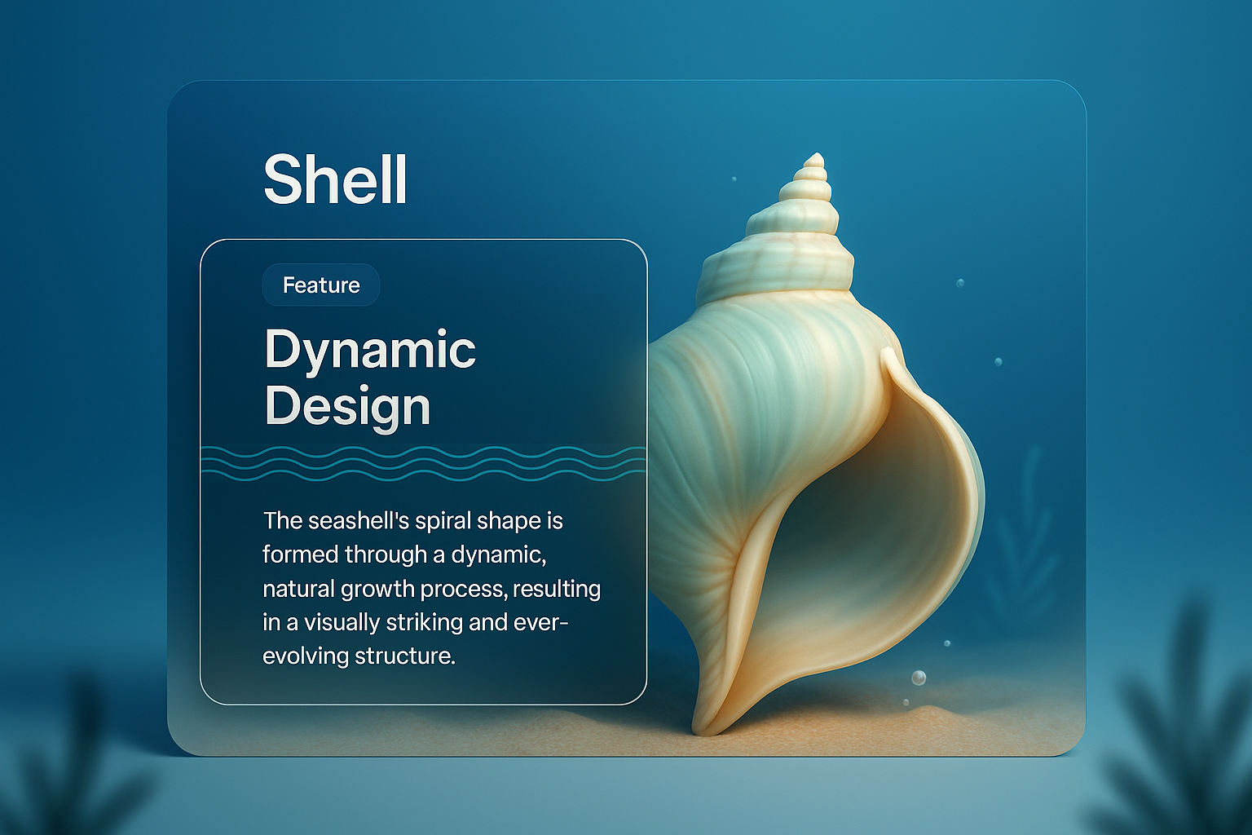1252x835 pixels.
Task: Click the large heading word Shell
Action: [x=335, y=180]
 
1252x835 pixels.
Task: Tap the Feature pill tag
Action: [x=321, y=285]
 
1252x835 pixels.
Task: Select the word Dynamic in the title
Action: [x=370, y=351]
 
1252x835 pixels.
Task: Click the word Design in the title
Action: [x=347, y=406]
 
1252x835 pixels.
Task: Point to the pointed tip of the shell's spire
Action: [x=813, y=157]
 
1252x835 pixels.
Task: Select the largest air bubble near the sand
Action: [x=919, y=678]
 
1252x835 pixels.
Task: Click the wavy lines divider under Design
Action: [x=424, y=462]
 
